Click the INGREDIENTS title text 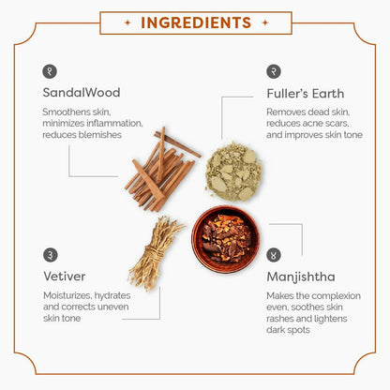point(196,22)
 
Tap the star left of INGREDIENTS point(127,22)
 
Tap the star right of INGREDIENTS point(265,22)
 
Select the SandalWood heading point(82,93)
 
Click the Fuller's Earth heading point(306,94)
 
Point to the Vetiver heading point(65,277)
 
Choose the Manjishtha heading point(301,277)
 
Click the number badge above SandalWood point(50,71)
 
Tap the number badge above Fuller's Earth point(274,71)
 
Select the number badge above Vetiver point(51,255)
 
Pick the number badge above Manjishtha point(274,255)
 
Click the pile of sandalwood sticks point(162,170)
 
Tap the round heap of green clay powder point(233,172)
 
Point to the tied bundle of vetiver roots point(156,254)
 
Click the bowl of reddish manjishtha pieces point(226,239)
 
